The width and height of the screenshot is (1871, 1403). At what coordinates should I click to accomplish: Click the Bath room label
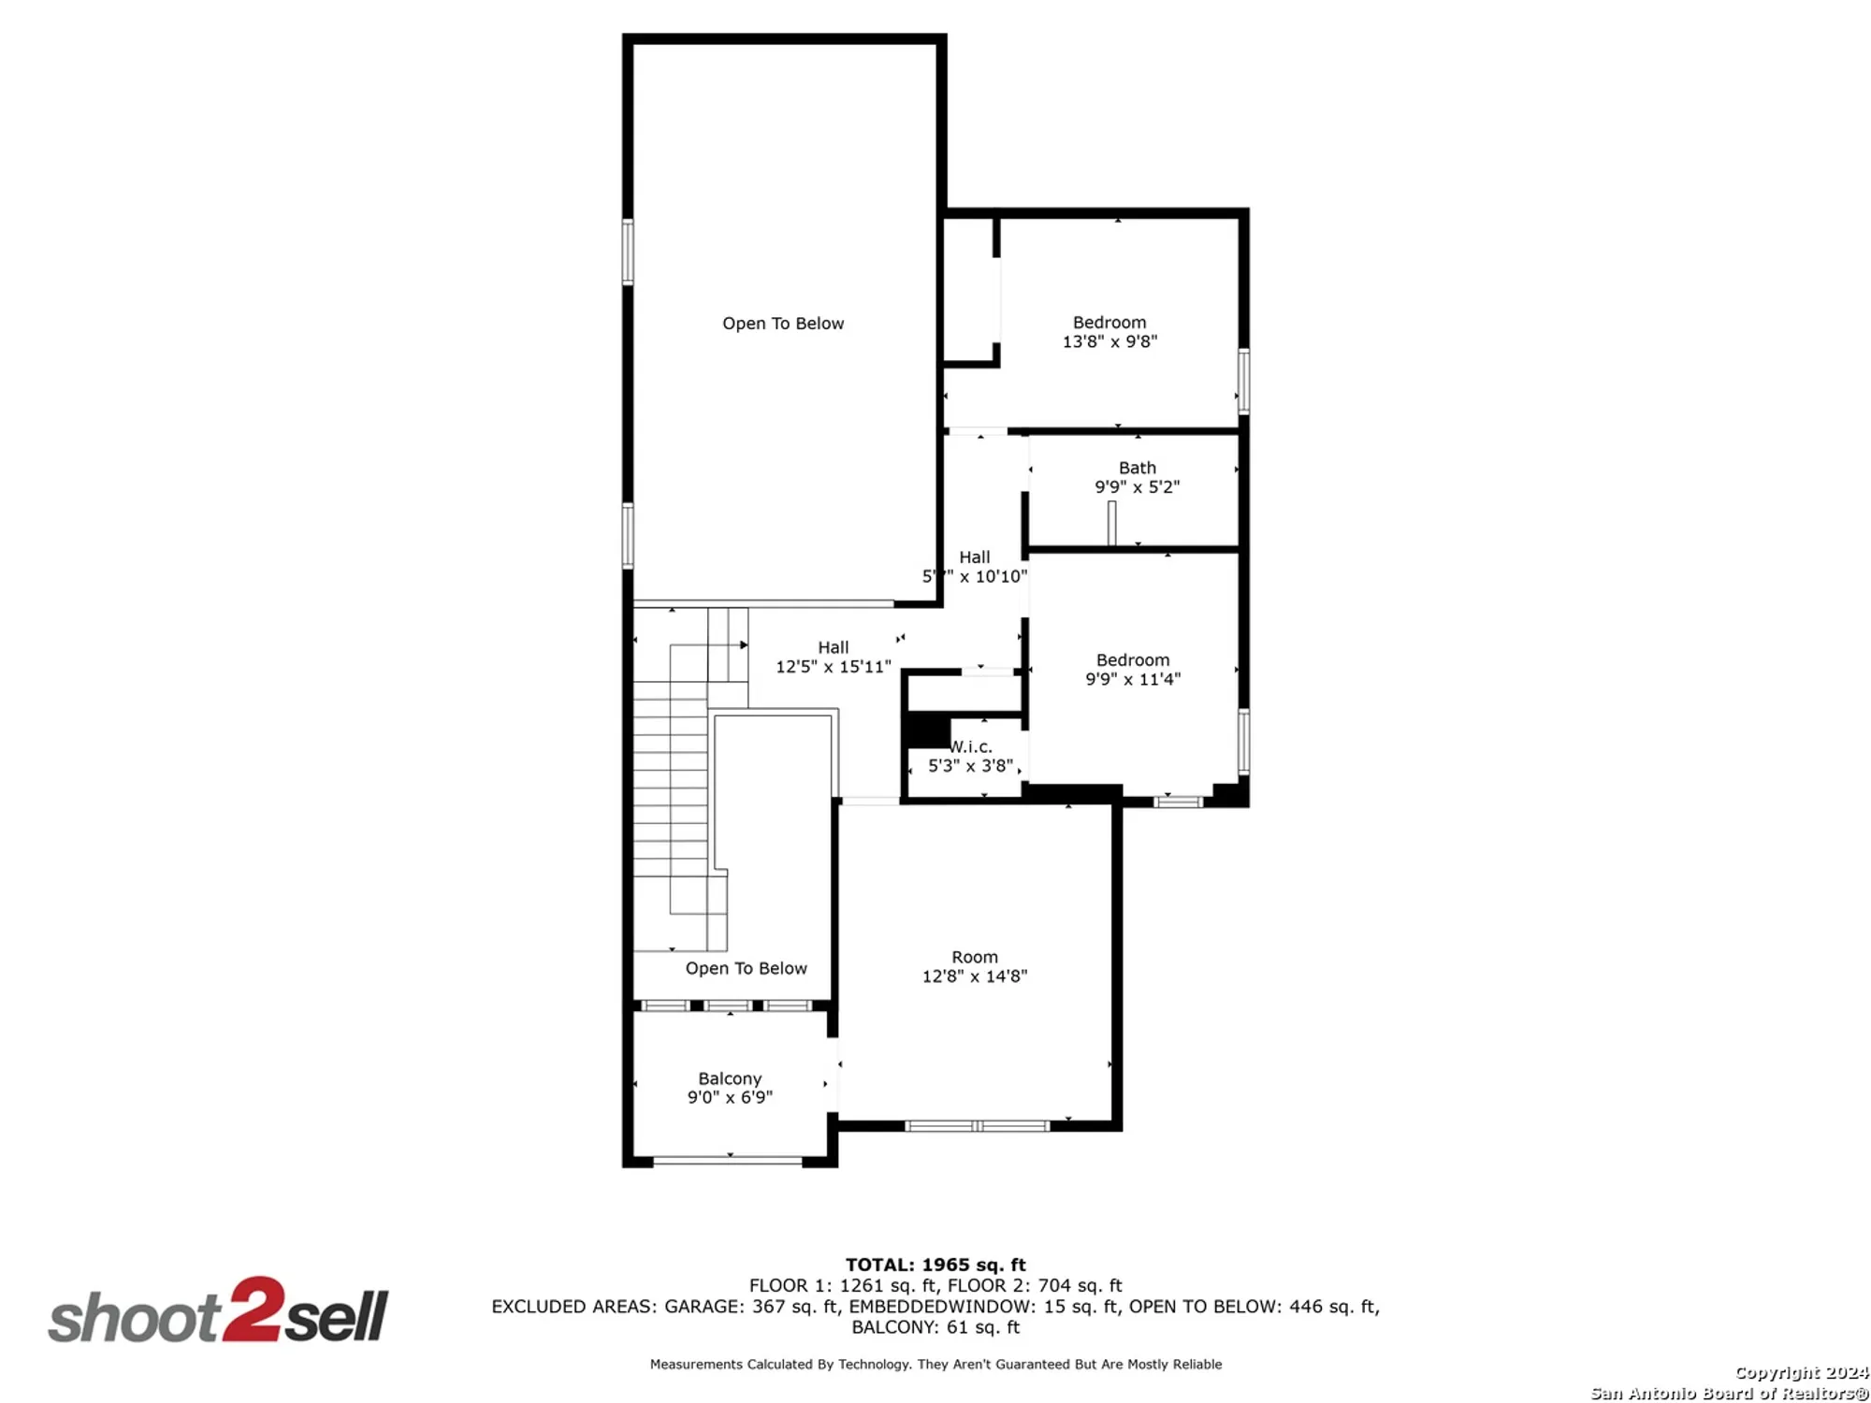[x=1137, y=468]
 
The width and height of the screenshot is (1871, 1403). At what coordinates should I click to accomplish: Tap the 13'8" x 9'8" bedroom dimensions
[x=1110, y=342]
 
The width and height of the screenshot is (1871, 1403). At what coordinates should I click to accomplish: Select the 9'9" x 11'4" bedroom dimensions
[x=1132, y=680]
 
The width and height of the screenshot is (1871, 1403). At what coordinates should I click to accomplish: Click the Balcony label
[x=730, y=1078]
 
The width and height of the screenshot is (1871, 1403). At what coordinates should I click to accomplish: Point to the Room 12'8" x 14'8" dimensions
[x=974, y=976]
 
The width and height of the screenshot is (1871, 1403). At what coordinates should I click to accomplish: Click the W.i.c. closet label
[x=972, y=747]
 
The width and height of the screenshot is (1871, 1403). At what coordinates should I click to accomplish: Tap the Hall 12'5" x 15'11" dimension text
[x=833, y=667]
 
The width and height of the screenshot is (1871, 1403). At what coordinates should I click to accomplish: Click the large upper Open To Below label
[x=783, y=324]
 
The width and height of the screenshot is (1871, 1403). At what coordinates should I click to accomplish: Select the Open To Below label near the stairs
[x=746, y=969]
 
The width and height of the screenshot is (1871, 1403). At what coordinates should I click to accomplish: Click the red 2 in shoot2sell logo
[x=253, y=1309]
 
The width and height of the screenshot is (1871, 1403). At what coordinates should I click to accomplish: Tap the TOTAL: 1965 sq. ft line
[x=935, y=1265]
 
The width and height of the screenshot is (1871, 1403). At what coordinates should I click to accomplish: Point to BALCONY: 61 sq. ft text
[x=935, y=1327]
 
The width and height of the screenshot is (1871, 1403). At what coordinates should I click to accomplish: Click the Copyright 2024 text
[x=1801, y=1372]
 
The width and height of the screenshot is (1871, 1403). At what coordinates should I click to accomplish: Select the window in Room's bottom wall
[x=978, y=1126]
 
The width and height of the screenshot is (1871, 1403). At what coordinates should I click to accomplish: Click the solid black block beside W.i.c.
[x=927, y=730]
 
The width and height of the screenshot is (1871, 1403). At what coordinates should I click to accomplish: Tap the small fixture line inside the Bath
[x=1111, y=523]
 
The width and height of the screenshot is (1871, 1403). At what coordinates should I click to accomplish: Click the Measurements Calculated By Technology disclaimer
[x=935, y=1365]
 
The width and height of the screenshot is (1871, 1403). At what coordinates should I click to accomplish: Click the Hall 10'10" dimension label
[x=993, y=577]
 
